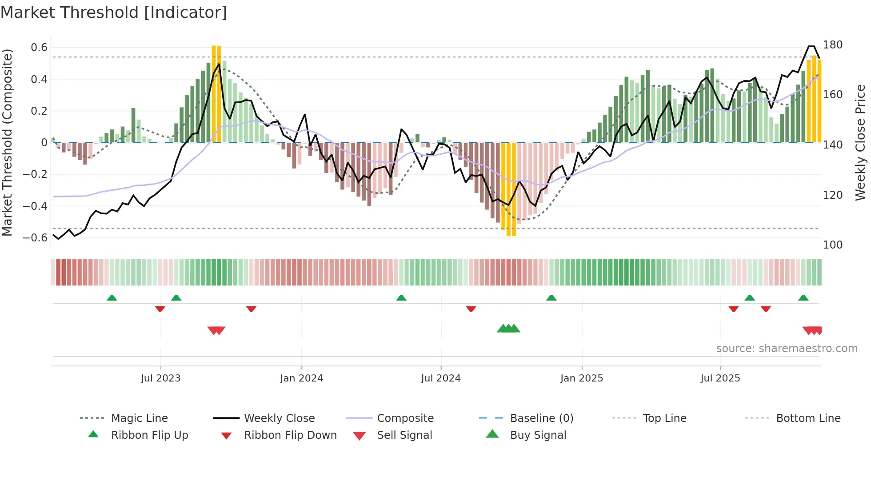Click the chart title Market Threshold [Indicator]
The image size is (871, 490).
(114, 12)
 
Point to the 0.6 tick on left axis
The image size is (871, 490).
(39, 48)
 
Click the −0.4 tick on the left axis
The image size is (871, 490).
(35, 206)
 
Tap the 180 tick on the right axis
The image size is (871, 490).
(832, 45)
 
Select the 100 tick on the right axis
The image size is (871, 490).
(832, 245)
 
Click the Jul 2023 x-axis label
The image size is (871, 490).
(160, 378)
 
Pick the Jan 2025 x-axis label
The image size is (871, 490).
(581, 378)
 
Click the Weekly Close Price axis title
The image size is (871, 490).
(860, 142)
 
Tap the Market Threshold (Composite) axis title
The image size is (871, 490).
(7, 142)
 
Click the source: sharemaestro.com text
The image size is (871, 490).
(787, 349)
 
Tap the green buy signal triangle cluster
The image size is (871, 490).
(508, 329)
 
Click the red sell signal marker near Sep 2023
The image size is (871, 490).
(216, 330)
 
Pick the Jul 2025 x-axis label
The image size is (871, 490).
(720, 378)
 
